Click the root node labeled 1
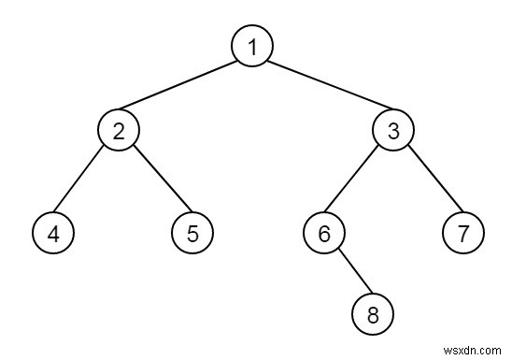point(252,47)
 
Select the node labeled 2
point(119,130)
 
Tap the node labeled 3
point(392,130)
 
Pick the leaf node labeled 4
point(52,233)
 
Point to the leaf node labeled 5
point(192,233)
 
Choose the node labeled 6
point(324,233)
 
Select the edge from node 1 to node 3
point(322,89)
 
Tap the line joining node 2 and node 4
point(85,181)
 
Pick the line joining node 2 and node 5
point(155,181)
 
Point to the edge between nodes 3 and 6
point(359,181)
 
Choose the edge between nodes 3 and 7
point(428,181)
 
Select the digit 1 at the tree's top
point(252,47)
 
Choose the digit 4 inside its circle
point(52,233)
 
